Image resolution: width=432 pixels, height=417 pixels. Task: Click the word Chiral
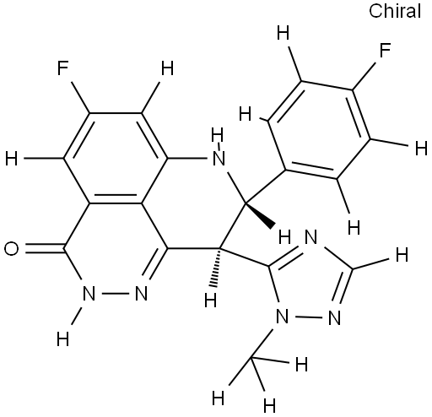tap(395, 11)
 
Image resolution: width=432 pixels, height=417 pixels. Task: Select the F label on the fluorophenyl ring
tap(386, 51)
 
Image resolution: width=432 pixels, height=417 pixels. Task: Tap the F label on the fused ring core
tap(62, 68)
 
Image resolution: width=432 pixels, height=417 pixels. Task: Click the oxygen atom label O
tap(12, 249)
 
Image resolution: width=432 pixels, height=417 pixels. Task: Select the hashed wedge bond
tap(218, 268)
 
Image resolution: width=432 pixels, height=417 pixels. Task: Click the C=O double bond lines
tap(45, 249)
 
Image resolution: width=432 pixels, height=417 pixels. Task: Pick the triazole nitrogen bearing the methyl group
tap(282, 317)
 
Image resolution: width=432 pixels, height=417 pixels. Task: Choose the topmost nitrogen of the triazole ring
tap(310, 237)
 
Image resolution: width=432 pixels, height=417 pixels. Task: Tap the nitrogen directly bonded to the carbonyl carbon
tap(89, 294)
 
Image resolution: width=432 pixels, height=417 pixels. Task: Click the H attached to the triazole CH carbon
tap(402, 256)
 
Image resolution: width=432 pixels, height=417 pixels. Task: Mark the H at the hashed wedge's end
tap(211, 301)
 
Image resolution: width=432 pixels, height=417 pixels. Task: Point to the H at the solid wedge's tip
tap(284, 237)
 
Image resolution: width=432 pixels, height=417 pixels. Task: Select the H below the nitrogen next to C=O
tap(62, 339)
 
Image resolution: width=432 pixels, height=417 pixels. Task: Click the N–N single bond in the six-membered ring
tap(115, 294)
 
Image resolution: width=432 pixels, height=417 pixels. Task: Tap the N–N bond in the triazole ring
tap(308, 317)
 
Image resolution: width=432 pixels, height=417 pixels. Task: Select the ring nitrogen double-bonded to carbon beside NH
tap(141, 294)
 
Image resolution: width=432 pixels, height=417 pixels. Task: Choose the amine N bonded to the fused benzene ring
tap(219, 159)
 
